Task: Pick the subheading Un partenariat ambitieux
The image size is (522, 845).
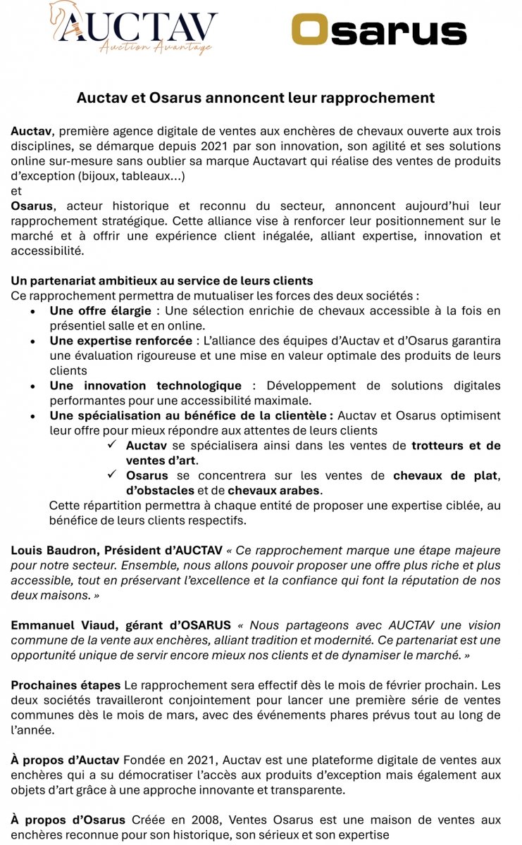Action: (161, 280)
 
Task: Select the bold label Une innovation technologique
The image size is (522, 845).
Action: (145, 386)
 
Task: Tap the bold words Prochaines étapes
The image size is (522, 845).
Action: (66, 684)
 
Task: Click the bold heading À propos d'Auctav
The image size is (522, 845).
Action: (66, 759)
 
